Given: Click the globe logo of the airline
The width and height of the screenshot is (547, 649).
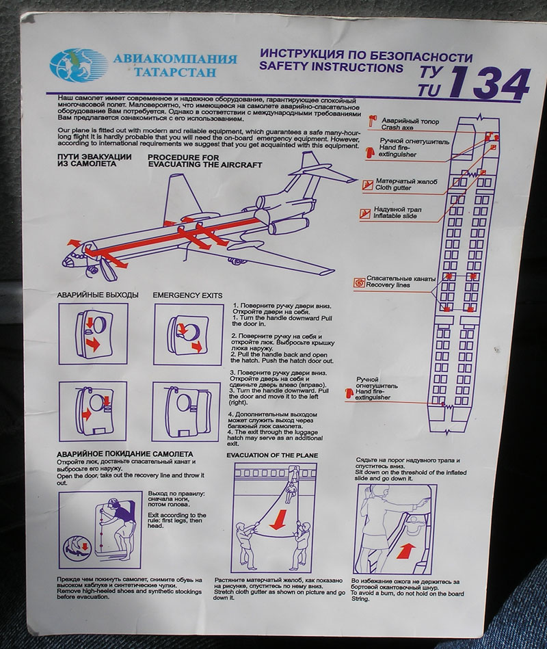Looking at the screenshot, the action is tap(78, 65).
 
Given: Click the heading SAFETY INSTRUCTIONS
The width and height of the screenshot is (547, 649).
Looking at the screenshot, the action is tap(331, 67).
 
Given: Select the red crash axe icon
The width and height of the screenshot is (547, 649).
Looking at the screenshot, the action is tap(371, 121).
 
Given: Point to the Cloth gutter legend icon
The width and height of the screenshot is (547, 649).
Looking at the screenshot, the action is tap(368, 185).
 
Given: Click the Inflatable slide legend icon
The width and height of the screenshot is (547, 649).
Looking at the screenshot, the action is tap(365, 213).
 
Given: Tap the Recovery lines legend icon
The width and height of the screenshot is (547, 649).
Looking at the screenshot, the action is tap(359, 282).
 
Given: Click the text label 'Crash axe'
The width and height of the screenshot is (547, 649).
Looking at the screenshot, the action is tap(397, 127).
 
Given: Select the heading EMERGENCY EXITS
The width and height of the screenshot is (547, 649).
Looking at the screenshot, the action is tap(187, 295).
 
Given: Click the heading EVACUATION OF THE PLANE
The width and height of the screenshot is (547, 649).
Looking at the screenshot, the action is tap(272, 455).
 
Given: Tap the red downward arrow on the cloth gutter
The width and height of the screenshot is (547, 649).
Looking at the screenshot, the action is tap(278, 520).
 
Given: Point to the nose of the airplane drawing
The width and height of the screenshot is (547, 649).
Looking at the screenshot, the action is tap(64, 263).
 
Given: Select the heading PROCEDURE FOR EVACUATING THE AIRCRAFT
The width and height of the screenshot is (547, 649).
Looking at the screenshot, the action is tap(205, 161).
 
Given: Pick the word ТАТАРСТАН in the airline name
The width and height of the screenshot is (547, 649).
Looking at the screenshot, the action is tap(175, 72).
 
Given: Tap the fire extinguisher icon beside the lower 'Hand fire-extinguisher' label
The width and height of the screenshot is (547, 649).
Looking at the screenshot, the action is tap(349, 393).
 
